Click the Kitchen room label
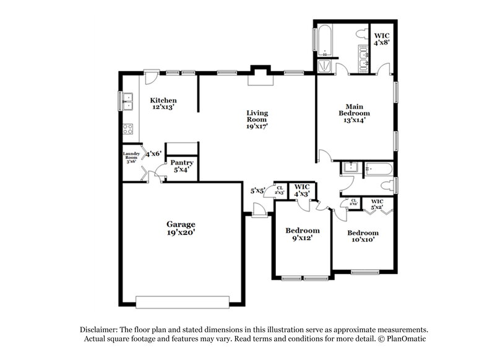coord(164,103)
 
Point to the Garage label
coord(181,228)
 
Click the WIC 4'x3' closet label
coord(301,190)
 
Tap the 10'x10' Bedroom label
coord(363,237)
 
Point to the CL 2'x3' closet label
coord(280,190)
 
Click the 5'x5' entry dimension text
coord(257,191)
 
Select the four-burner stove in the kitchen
coord(129,129)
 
